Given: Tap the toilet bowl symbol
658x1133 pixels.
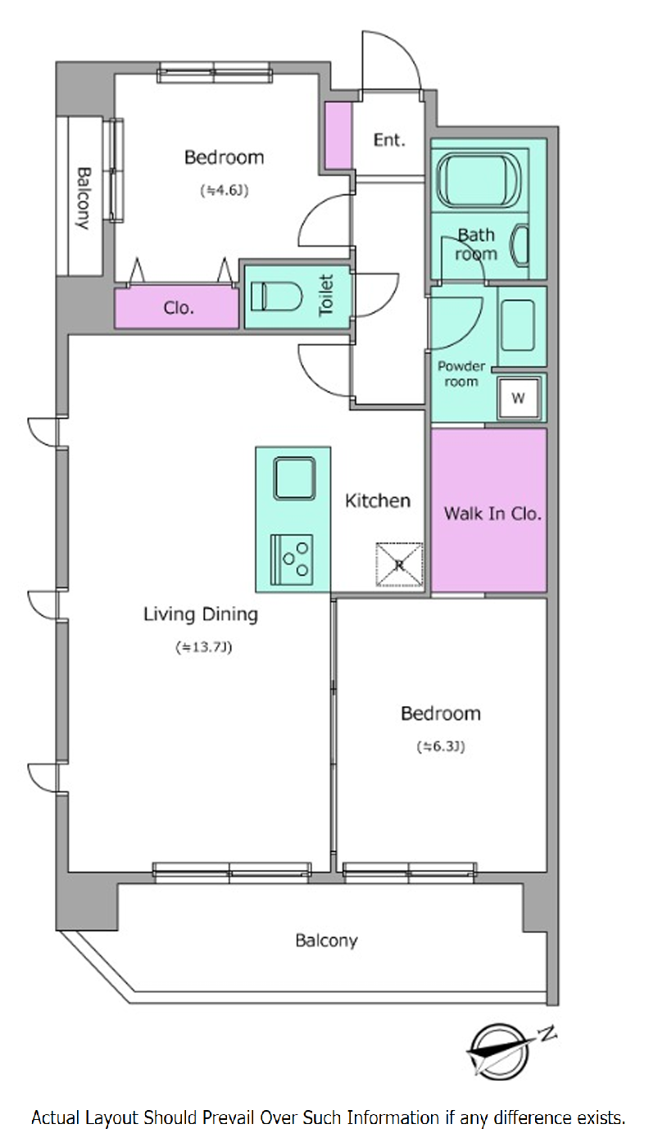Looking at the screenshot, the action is (x=276, y=297).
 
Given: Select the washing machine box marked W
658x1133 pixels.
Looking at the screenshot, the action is (x=518, y=398).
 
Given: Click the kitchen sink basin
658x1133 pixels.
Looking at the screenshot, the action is (x=294, y=478).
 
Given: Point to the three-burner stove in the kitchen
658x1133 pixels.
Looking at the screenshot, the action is (x=292, y=560).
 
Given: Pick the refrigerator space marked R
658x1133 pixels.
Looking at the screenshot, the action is (x=399, y=564).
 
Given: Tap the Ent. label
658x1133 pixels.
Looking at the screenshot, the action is (x=389, y=139).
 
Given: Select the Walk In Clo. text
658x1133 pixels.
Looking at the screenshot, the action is (x=492, y=514).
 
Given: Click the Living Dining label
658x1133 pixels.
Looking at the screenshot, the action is (x=201, y=614).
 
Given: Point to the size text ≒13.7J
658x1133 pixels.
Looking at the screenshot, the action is (x=204, y=647).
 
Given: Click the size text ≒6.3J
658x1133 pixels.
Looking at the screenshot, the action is (x=441, y=746).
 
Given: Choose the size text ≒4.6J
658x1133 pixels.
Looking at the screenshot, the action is (x=225, y=190).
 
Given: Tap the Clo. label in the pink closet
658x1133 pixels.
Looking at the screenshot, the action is (x=179, y=307).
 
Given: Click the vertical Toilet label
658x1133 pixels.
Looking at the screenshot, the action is (x=326, y=296).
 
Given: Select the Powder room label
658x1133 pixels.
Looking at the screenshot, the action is (x=461, y=374).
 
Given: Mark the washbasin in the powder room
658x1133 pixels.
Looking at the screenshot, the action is (x=517, y=325).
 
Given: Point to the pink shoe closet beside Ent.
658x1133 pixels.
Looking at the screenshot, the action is (x=338, y=135).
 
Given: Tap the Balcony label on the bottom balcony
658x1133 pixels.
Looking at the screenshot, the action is (x=327, y=940).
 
